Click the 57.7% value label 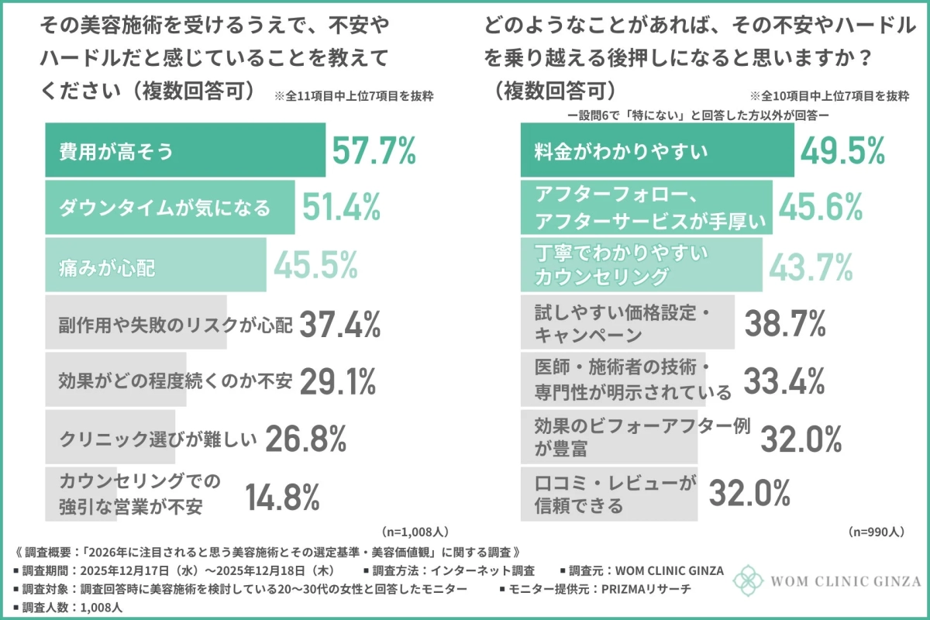[x=374, y=150]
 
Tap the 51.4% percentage [x=341, y=207]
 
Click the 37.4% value [x=339, y=324]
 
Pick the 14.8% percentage [x=283, y=497]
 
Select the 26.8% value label [x=305, y=439]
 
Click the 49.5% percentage [x=842, y=150]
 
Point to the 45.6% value [x=820, y=207]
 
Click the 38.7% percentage [x=784, y=325]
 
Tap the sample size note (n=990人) [x=877, y=532]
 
